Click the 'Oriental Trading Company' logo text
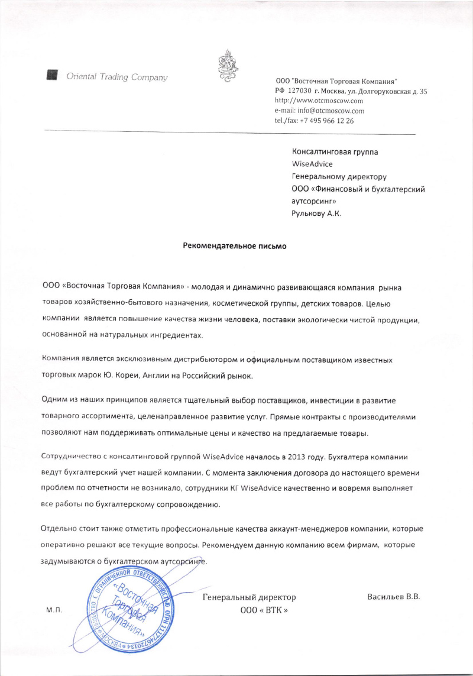click(117, 77)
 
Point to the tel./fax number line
click(314, 121)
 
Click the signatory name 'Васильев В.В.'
click(393, 597)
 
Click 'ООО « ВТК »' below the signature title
click(264, 610)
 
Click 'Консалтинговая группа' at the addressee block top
click(335, 151)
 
